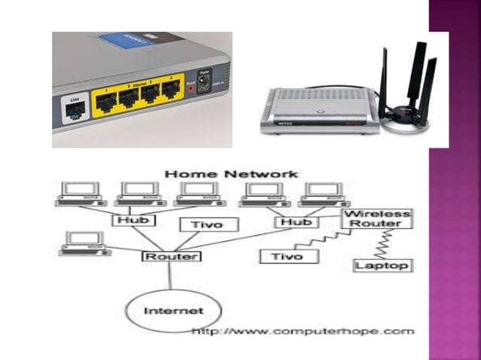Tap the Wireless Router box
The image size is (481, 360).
point(377,218)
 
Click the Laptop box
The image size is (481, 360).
point(382,265)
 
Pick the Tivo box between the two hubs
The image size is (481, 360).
point(209,224)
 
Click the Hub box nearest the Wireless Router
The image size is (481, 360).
point(296,222)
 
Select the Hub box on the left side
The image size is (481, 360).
point(136,221)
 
